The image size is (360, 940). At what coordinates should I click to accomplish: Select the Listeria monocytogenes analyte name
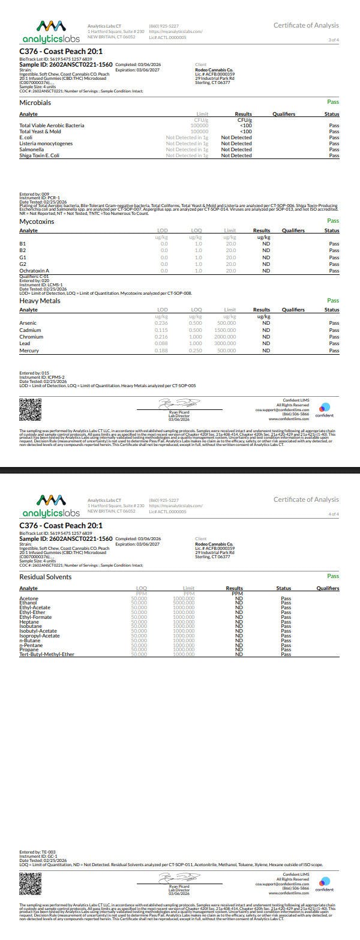click(46, 143)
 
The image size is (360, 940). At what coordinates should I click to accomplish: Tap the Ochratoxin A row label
click(34, 271)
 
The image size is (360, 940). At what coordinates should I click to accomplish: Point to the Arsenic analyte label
click(28, 323)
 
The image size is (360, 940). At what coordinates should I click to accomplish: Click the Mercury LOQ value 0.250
click(196, 351)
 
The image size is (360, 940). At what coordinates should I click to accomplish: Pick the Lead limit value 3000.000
click(225, 344)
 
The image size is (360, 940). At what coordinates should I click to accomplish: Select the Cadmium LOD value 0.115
click(161, 330)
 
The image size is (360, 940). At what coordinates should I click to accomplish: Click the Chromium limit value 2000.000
click(225, 337)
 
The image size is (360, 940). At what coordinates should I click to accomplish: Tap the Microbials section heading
click(35, 103)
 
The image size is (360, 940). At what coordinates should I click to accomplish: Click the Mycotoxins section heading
click(37, 221)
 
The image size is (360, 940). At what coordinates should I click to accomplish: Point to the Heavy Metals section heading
click(40, 301)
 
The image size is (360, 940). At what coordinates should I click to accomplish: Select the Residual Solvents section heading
click(46, 577)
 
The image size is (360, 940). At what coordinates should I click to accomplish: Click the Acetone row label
click(29, 598)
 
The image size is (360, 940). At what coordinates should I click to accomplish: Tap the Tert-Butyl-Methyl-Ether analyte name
click(47, 654)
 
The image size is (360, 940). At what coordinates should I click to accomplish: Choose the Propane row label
click(29, 649)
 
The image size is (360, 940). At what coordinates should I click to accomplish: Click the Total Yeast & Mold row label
click(40, 131)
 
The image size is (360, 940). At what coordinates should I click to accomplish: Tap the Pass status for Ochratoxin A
click(334, 271)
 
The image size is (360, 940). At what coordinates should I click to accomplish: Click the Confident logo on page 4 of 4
click(325, 884)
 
